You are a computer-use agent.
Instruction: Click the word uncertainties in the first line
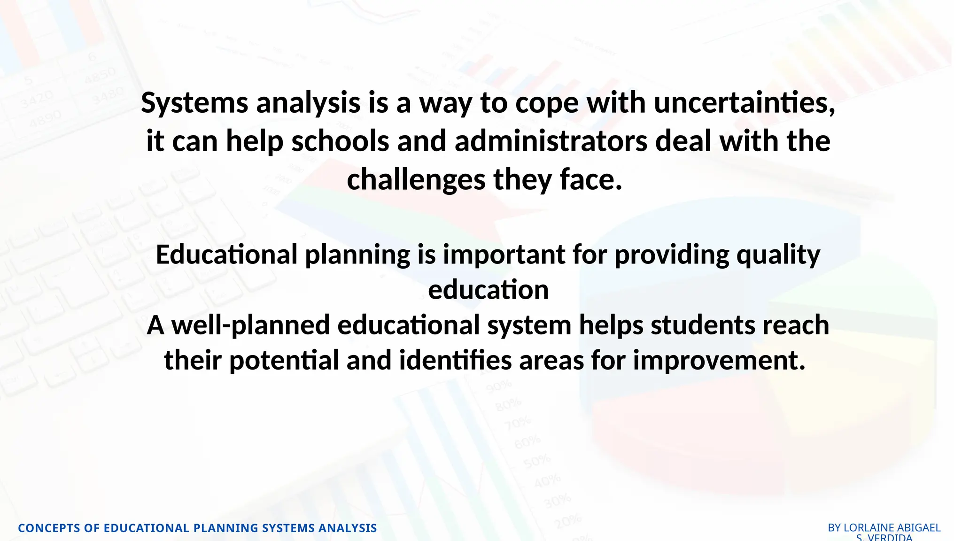point(744,102)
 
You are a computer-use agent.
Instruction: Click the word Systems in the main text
point(194,103)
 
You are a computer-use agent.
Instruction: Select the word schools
point(340,141)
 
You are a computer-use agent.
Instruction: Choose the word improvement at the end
point(719,360)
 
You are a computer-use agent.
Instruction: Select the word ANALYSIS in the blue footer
point(347,528)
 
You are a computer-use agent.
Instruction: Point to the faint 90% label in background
point(498,386)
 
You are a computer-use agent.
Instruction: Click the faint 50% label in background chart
point(536,461)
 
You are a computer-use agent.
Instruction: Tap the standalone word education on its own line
point(488,290)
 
